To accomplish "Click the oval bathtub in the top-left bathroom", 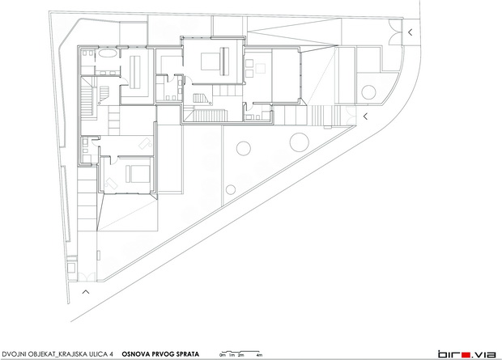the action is [107, 53].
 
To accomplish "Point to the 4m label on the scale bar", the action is [260, 355].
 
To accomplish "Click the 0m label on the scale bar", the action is [223, 355].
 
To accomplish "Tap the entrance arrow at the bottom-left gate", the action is [86, 291].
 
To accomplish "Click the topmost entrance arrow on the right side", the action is [410, 32].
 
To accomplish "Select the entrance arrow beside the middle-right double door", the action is [365, 116].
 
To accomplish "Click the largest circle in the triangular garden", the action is [300, 142].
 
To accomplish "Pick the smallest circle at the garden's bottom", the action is [231, 190].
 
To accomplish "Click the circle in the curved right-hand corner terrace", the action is [368, 92].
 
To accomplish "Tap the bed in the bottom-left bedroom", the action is [138, 174].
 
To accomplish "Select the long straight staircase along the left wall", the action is [86, 102].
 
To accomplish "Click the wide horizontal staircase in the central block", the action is [210, 116].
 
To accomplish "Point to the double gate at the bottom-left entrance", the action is [87, 277].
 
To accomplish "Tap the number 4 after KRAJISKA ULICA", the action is [111, 354].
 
